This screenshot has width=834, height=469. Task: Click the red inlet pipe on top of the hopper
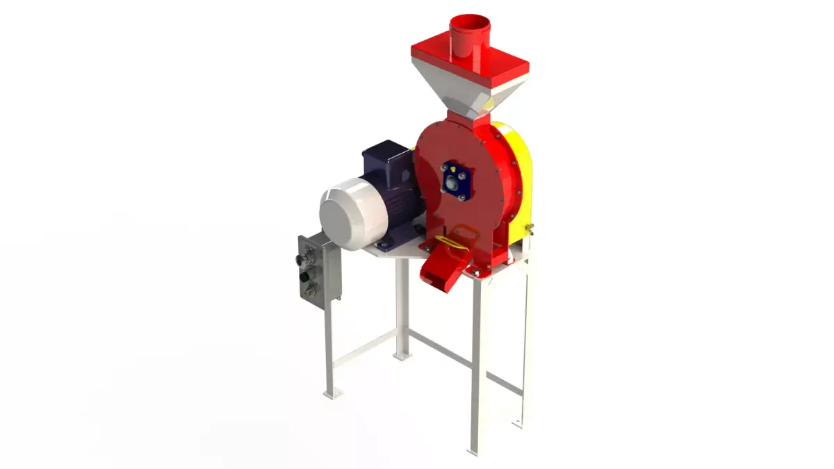tap(470, 38)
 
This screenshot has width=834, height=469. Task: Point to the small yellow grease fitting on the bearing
tap(452, 167)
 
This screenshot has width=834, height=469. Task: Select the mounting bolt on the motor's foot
tap(380, 245)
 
